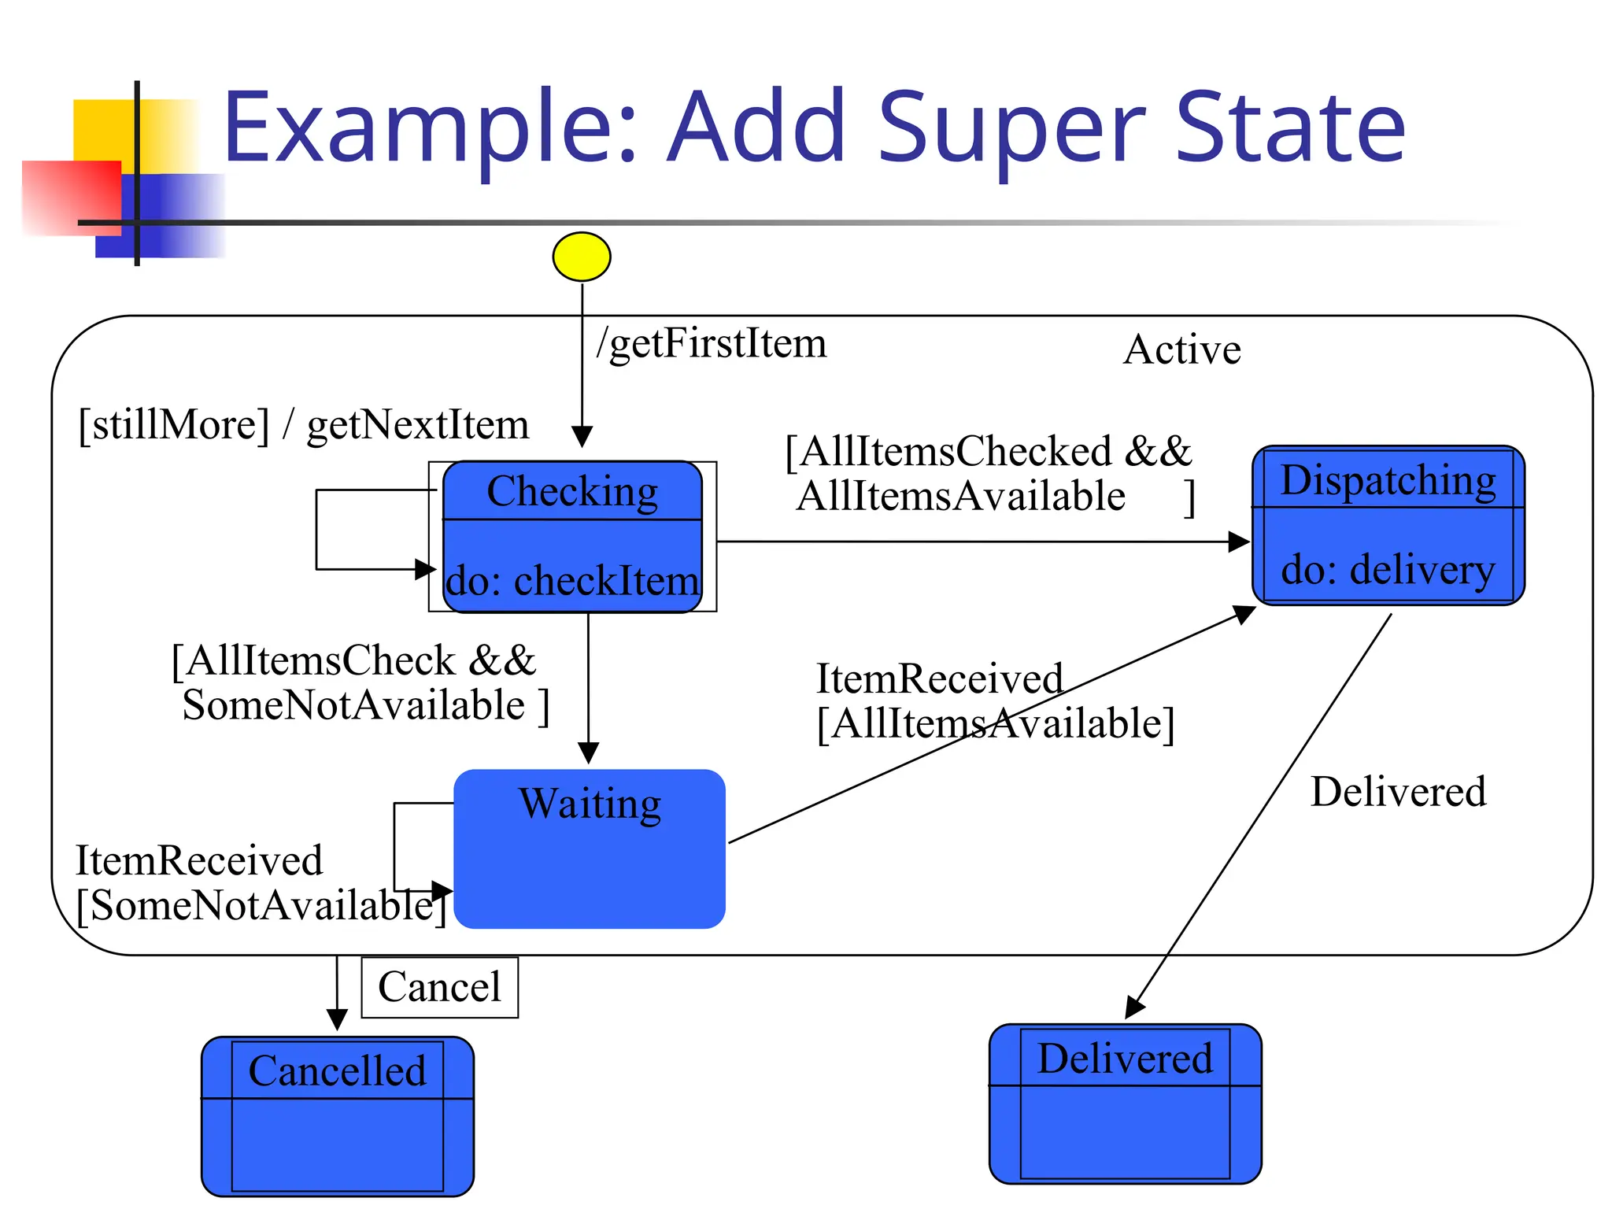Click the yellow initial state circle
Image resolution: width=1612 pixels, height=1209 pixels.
point(581,257)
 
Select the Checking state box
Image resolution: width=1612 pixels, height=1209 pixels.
point(572,537)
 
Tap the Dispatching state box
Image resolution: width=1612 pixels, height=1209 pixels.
point(1388,525)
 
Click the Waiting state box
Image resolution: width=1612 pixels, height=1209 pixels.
point(589,849)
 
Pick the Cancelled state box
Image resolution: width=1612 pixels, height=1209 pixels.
point(337,1115)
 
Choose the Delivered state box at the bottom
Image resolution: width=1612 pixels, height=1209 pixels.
point(1125,1104)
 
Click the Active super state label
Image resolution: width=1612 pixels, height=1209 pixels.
point(1181,349)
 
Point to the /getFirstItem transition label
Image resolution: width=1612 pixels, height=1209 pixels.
point(711,343)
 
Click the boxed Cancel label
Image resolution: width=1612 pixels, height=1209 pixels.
point(439,987)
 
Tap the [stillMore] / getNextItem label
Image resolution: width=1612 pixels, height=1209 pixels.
point(303,425)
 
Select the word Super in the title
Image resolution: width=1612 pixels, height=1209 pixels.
point(1011,128)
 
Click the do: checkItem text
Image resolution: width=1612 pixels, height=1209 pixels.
point(572,581)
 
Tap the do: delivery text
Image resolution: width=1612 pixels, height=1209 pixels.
point(1388,569)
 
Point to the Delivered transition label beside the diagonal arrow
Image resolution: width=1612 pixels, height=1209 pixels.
point(1398,792)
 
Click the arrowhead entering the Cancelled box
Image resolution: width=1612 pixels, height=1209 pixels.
point(337,1020)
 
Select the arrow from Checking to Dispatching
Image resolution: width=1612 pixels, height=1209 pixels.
point(976,542)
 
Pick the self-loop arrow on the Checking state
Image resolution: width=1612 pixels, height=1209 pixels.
point(317,529)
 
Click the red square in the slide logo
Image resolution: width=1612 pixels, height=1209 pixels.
point(71,197)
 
